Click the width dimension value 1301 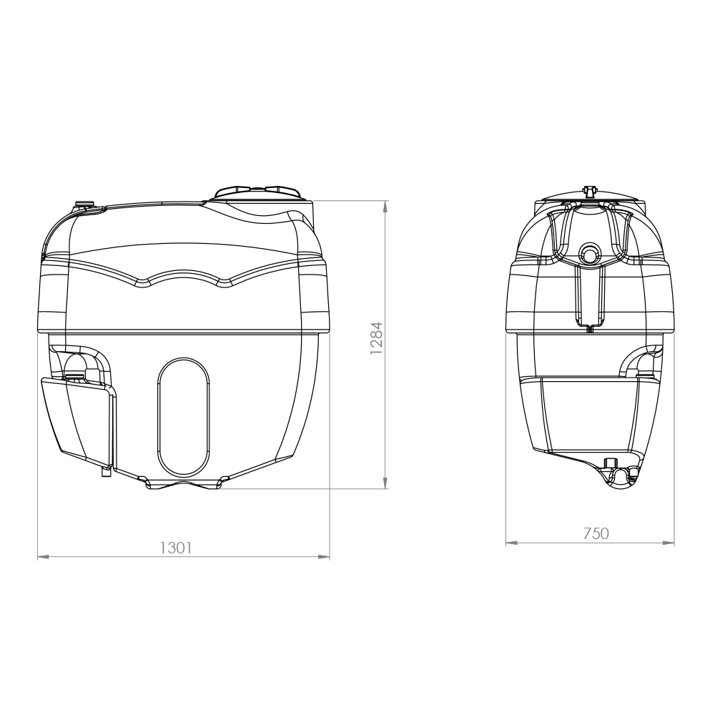click(175, 548)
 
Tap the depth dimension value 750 click(595, 533)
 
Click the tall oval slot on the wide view click(183, 418)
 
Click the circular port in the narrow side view click(590, 254)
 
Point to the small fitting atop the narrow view click(590, 191)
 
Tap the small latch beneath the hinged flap click(106, 472)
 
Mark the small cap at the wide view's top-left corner click(84, 206)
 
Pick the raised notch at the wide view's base click(184, 485)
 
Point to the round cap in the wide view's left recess click(74, 371)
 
